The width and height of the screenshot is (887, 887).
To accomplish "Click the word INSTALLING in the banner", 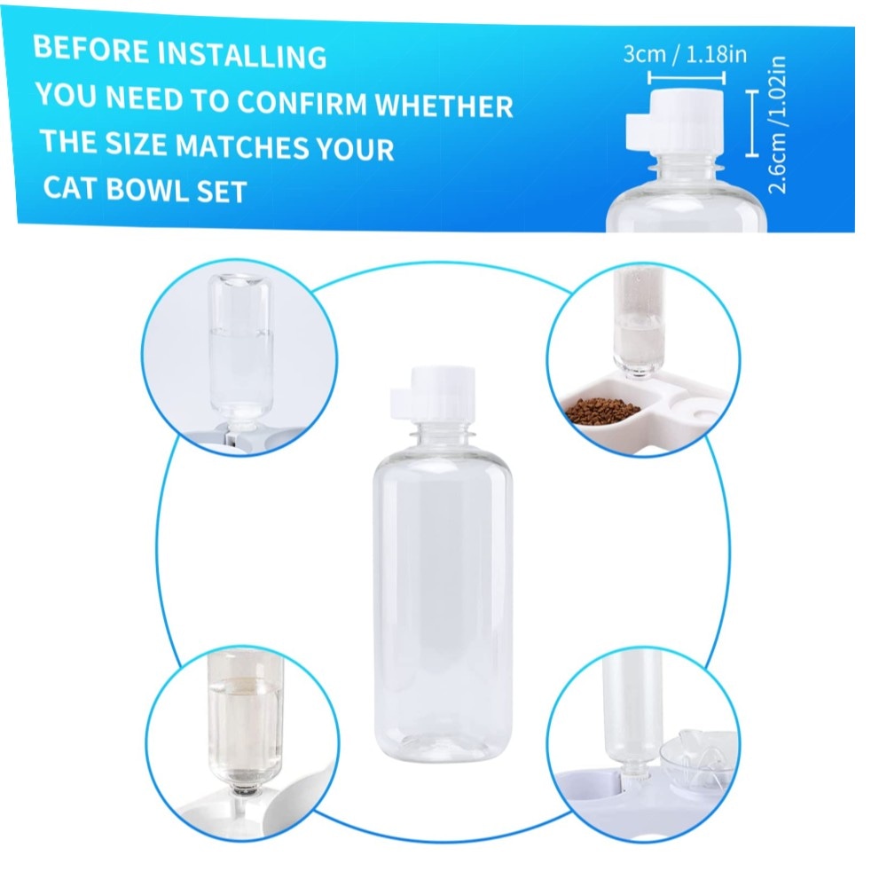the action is point(241,55).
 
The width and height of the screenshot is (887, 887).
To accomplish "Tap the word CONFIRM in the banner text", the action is point(302,102).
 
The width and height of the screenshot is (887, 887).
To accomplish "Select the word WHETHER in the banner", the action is point(444,106).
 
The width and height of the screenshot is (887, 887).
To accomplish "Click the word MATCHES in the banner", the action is point(241,145).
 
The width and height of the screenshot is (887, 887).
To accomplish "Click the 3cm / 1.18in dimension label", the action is point(685,54).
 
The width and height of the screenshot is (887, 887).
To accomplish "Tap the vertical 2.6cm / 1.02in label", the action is point(777,124).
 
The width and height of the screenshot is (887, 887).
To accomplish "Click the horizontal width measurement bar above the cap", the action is point(687,77).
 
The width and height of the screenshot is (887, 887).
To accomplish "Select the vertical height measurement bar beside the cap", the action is point(752,122).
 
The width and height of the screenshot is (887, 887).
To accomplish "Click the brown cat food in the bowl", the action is point(601,409).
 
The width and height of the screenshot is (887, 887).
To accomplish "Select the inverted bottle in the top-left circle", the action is point(240,349).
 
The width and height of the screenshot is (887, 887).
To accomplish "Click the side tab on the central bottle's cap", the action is point(401,404).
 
